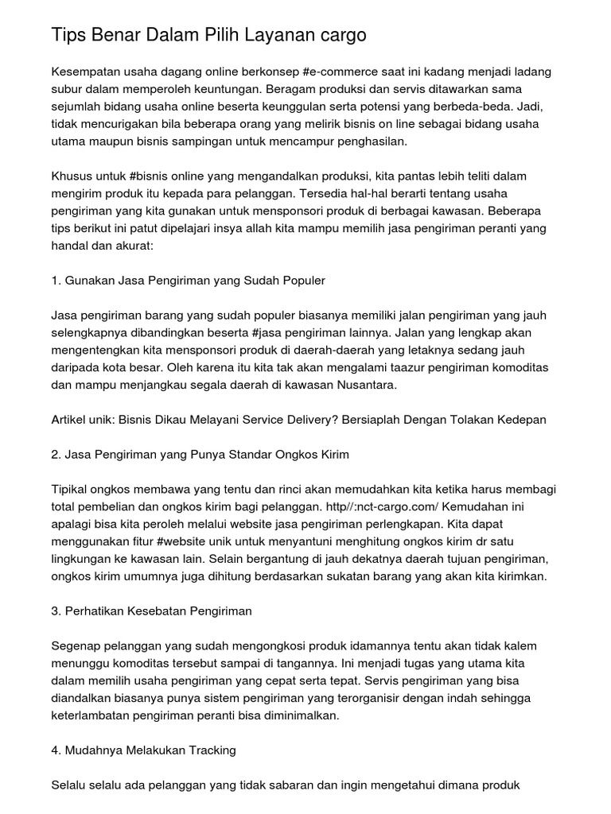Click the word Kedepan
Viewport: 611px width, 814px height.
520,420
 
